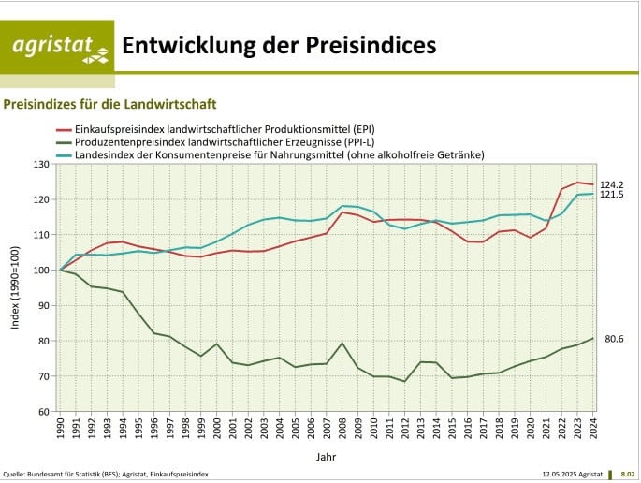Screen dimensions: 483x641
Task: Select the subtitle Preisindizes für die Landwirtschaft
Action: pyautogui.click(x=110, y=104)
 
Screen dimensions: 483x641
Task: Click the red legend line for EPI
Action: pyautogui.click(x=64, y=128)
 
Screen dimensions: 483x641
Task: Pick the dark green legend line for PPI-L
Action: pyautogui.click(x=64, y=141)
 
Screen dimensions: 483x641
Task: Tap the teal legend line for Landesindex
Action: pyautogui.click(x=64, y=154)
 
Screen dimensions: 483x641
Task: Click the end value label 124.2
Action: pyautogui.click(x=612, y=184)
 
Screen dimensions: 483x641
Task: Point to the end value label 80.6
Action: pyautogui.click(x=614, y=339)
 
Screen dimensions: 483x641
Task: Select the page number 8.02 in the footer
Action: pyautogui.click(x=627, y=475)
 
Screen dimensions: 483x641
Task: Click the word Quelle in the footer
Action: pyautogui.click(x=15, y=475)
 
